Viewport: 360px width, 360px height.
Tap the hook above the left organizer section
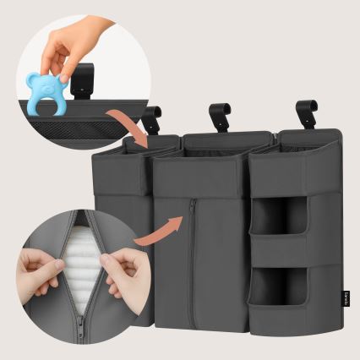tap(152, 119)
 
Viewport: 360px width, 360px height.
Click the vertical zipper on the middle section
tap(193, 254)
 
